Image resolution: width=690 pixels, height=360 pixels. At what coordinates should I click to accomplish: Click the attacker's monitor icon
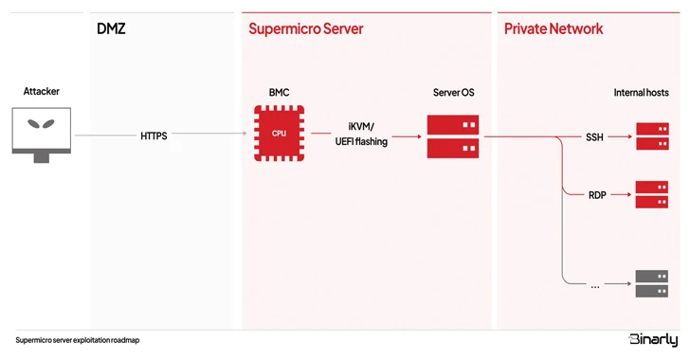click(x=41, y=132)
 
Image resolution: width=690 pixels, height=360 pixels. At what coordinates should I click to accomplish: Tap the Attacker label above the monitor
click(x=41, y=92)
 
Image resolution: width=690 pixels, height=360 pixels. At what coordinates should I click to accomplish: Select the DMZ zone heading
click(x=111, y=28)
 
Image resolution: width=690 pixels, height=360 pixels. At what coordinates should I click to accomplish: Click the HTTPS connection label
click(x=154, y=136)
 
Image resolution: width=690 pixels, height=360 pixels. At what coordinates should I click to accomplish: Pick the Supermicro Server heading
click(x=305, y=28)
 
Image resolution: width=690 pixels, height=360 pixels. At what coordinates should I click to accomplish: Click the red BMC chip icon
click(x=278, y=134)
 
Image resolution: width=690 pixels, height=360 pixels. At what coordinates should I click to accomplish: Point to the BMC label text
click(x=279, y=93)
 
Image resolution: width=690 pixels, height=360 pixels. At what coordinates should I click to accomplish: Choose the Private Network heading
click(x=553, y=28)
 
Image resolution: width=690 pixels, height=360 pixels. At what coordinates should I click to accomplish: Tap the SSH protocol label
click(x=594, y=136)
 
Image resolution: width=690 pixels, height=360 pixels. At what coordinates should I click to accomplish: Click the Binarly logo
click(x=653, y=340)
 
